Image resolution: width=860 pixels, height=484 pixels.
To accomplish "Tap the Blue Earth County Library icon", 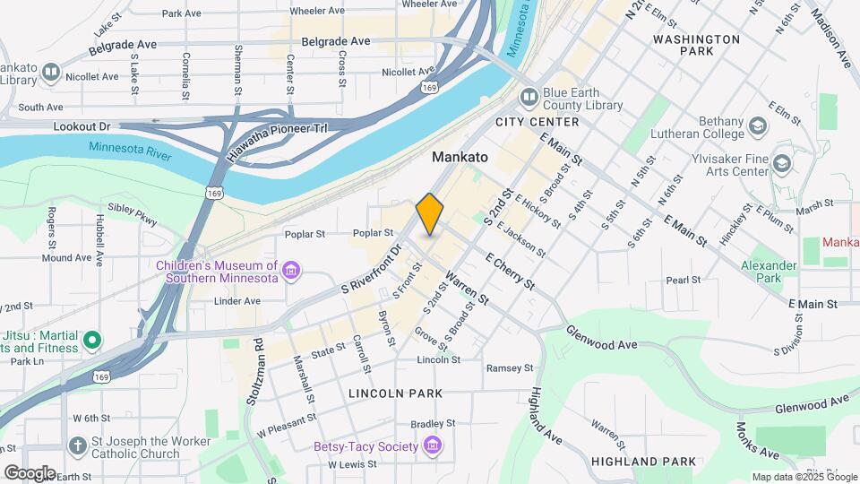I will [529, 95].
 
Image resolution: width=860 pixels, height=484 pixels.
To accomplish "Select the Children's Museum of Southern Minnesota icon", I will [290, 270].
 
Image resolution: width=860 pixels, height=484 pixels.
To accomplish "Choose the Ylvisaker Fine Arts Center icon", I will [782, 163].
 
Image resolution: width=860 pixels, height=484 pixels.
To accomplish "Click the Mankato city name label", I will [460, 157].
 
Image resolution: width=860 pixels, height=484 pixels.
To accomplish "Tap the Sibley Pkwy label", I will [132, 214].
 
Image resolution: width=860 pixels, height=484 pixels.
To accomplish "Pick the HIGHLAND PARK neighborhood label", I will [643, 461].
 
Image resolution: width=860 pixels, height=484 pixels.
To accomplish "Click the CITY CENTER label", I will [537, 121].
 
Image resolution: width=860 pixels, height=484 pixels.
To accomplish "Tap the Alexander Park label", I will [769, 272].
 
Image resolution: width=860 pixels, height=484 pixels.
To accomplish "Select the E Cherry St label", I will [509, 270].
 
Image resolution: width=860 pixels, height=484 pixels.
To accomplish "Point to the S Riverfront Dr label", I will [369, 270].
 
